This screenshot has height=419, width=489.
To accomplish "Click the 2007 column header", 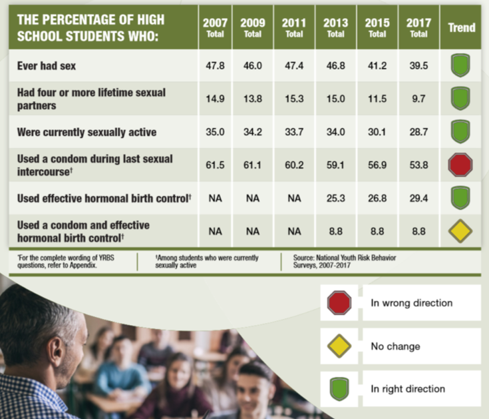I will [x=215, y=27].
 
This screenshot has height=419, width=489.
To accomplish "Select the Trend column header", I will [x=462, y=27].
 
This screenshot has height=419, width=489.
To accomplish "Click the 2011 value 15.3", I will [x=294, y=99].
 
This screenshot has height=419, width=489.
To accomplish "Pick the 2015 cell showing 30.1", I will [x=377, y=132].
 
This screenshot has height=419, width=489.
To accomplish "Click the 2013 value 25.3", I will [x=335, y=198].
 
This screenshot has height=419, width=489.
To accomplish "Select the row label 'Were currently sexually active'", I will [x=86, y=132].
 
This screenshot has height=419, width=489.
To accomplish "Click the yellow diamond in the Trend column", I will [x=460, y=230].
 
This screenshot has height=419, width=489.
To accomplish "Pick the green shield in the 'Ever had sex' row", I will [x=460, y=67].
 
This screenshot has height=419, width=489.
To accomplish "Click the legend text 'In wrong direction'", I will [x=411, y=303].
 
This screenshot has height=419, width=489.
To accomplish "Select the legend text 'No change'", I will [x=395, y=346].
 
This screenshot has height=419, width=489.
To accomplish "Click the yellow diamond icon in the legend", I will [x=339, y=346].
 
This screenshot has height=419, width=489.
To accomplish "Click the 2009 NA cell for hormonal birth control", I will [x=253, y=198].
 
